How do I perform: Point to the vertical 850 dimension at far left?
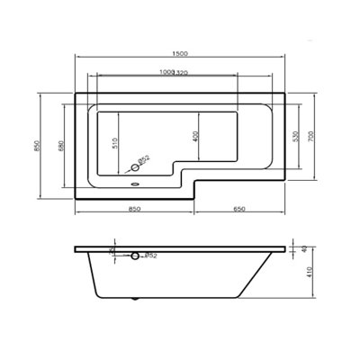[x=36, y=139]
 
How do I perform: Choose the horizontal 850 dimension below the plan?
[x=133, y=209]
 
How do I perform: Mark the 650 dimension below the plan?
[x=239, y=209]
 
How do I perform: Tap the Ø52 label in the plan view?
[x=143, y=160]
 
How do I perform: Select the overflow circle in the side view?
[x=135, y=256]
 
